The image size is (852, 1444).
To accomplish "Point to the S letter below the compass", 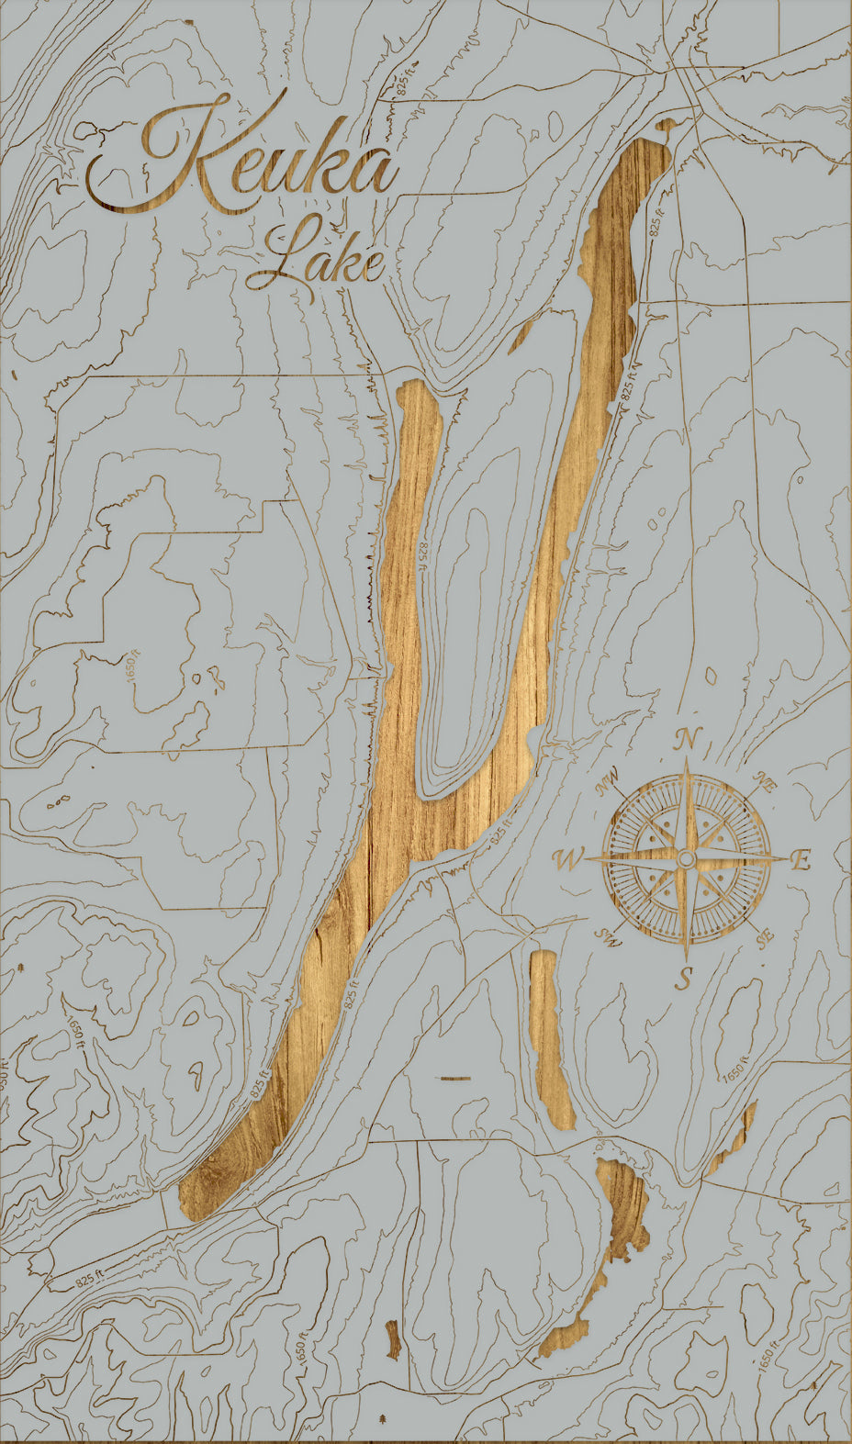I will coord(684,979).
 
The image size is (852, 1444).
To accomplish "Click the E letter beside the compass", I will coord(801,861).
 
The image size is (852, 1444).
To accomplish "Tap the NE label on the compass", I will coord(762,780).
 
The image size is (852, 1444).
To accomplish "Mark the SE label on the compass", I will coord(764,938).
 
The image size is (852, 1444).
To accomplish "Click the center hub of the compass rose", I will coord(685,858).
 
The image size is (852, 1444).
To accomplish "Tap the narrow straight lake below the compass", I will coord(551,1037).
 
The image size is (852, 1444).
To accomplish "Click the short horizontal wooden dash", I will coord(455,1078).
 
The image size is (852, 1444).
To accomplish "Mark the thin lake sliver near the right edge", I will coord(734,1138).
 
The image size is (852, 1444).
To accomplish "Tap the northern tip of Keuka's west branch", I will coord(413,386).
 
